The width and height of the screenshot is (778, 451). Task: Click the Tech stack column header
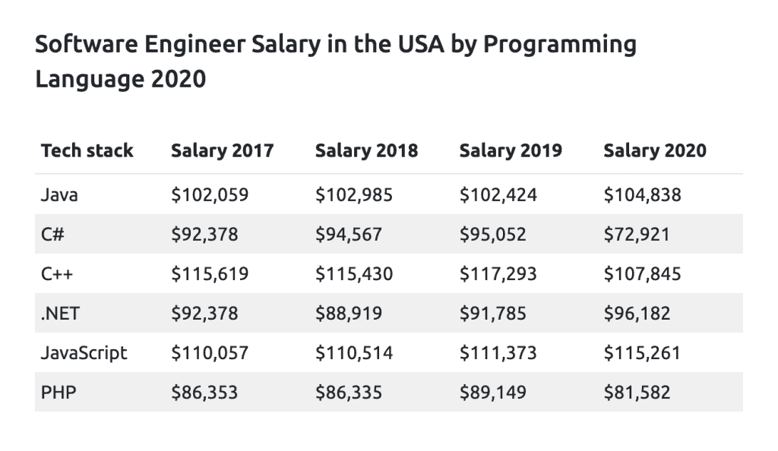coord(87,150)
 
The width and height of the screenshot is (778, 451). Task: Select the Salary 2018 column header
coord(366,150)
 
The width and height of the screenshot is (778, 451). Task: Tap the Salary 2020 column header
coord(654,150)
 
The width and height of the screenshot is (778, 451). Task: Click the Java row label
coord(59,195)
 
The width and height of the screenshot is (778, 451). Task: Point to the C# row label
coord(52,235)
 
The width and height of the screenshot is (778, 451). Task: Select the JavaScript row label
coord(84,353)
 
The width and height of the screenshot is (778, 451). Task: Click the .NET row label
coord(60,314)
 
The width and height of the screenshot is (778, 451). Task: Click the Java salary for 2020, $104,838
coord(642,195)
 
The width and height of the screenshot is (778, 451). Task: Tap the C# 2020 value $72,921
coord(637,235)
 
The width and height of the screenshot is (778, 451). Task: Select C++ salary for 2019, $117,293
coord(498,274)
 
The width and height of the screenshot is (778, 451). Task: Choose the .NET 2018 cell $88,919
coord(349,314)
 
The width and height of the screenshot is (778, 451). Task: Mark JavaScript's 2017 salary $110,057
coord(210,353)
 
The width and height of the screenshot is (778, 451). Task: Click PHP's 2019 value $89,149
coord(492,393)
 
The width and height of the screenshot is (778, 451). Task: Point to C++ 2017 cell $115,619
coord(210,274)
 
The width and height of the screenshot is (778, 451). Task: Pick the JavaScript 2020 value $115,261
coord(642,353)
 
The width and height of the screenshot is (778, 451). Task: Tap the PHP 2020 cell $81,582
coord(637,393)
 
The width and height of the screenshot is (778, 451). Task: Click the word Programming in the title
coord(560,46)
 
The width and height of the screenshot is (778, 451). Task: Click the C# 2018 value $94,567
coord(349,235)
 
